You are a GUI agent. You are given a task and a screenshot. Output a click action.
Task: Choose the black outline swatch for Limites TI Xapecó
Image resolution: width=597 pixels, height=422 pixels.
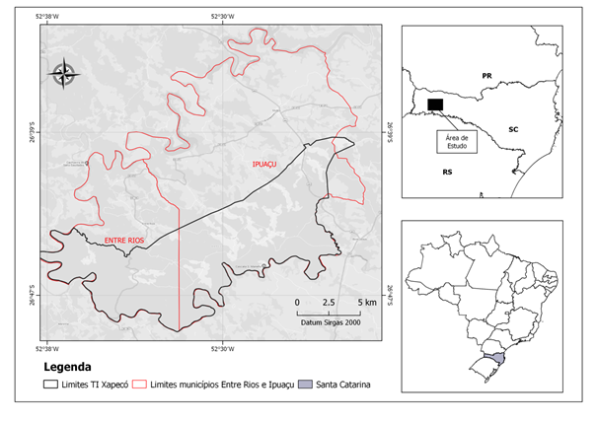click(51, 384)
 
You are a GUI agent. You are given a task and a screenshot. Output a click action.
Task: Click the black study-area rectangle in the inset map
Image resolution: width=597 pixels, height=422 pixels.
click(435, 104)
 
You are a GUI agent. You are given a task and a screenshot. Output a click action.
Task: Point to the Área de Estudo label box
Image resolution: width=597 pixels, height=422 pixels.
click(456, 141)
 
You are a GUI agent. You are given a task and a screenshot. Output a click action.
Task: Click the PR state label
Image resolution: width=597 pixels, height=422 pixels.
click(486, 75)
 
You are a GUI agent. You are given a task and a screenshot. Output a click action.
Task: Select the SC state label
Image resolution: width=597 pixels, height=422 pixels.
click(513, 129)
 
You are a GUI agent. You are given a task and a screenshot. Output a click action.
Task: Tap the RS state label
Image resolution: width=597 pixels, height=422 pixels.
click(447, 172)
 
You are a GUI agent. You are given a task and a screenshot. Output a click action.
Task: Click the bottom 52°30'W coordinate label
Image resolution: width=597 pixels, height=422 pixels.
click(221, 347)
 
